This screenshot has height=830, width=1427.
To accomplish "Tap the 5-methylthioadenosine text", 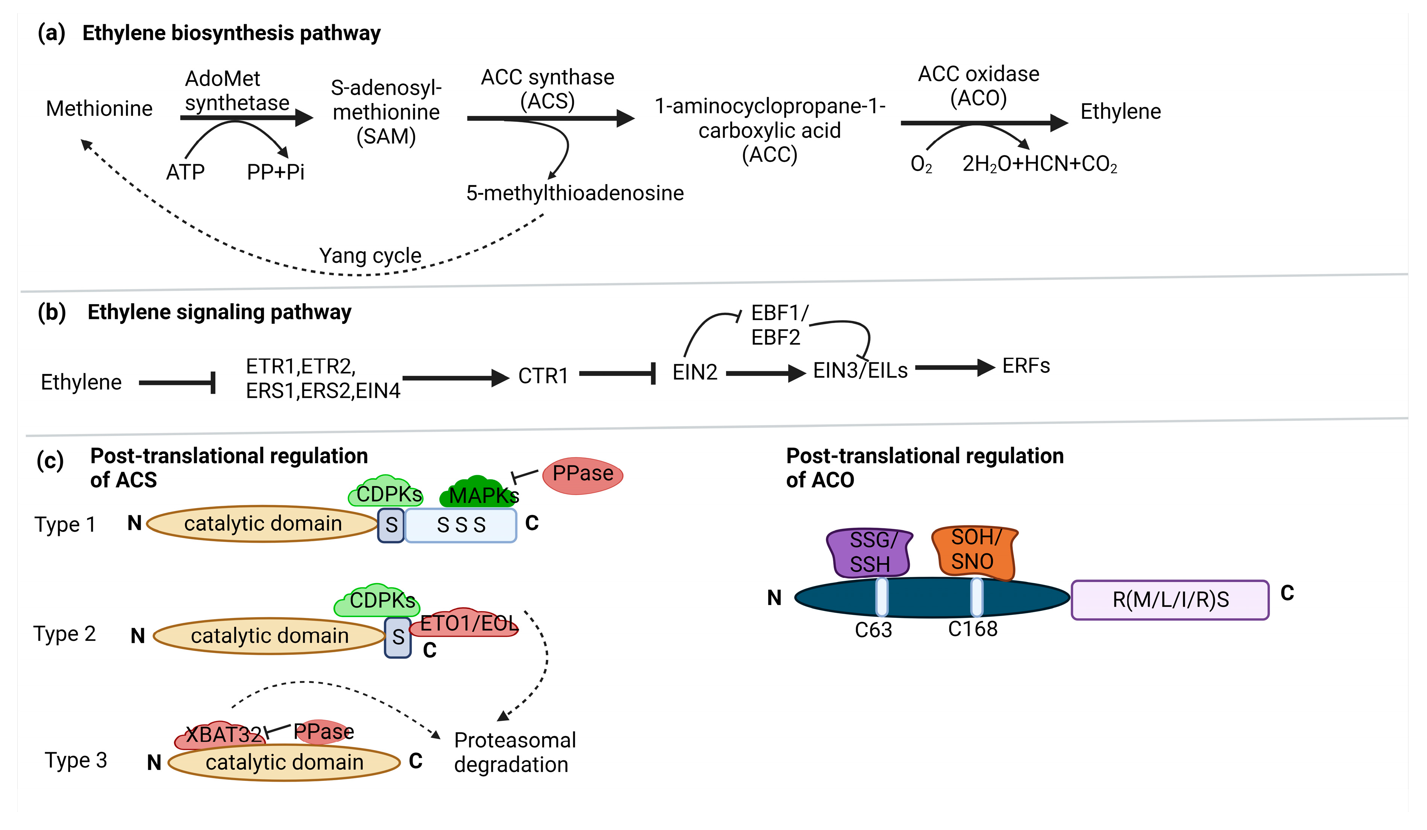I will coord(574,193).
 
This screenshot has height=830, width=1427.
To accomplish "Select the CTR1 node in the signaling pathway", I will coord(542,375).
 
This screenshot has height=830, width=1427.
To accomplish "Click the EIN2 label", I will coord(694,372).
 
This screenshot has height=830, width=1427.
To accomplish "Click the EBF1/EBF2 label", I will coord(778,325).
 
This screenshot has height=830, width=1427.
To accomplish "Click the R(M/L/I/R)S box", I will coord(1170,599).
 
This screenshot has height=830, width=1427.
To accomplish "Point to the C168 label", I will coord(972,629).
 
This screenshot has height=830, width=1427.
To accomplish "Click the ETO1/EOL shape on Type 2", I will coord(467,624).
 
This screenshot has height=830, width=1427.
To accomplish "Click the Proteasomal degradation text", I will coord(514,752).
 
